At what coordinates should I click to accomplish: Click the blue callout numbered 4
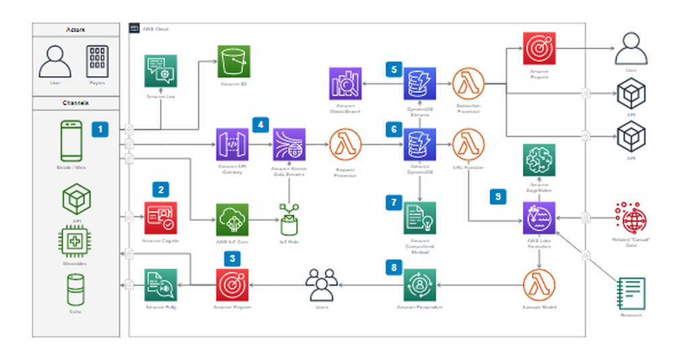point(260,124)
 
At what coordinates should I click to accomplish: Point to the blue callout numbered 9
point(497,196)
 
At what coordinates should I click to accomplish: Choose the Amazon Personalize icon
point(419,285)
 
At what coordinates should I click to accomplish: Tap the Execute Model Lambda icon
point(539,285)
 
